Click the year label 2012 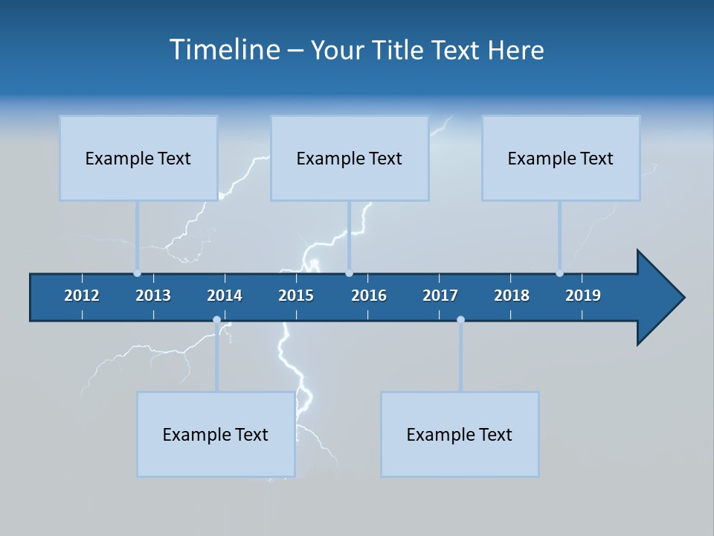(82, 296)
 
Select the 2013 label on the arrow (153, 296)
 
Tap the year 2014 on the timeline (225, 296)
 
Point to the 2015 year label (296, 296)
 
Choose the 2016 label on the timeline (369, 296)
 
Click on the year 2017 (440, 296)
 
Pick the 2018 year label (512, 296)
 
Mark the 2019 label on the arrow (583, 296)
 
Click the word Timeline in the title (223, 50)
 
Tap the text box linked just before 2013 (138, 158)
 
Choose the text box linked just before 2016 (350, 158)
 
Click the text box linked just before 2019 (561, 158)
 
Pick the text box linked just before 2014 (216, 434)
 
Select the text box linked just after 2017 (460, 434)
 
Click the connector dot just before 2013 (137, 273)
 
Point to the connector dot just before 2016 (349, 273)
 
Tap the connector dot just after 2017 (460, 320)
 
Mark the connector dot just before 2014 (216, 320)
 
